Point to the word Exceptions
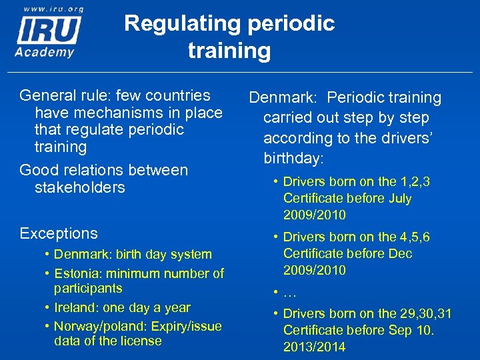point(59,233)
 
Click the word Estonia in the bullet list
point(75,273)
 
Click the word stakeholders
point(79,187)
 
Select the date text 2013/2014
point(315,347)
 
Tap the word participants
point(88,288)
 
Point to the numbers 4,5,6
point(415,237)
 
